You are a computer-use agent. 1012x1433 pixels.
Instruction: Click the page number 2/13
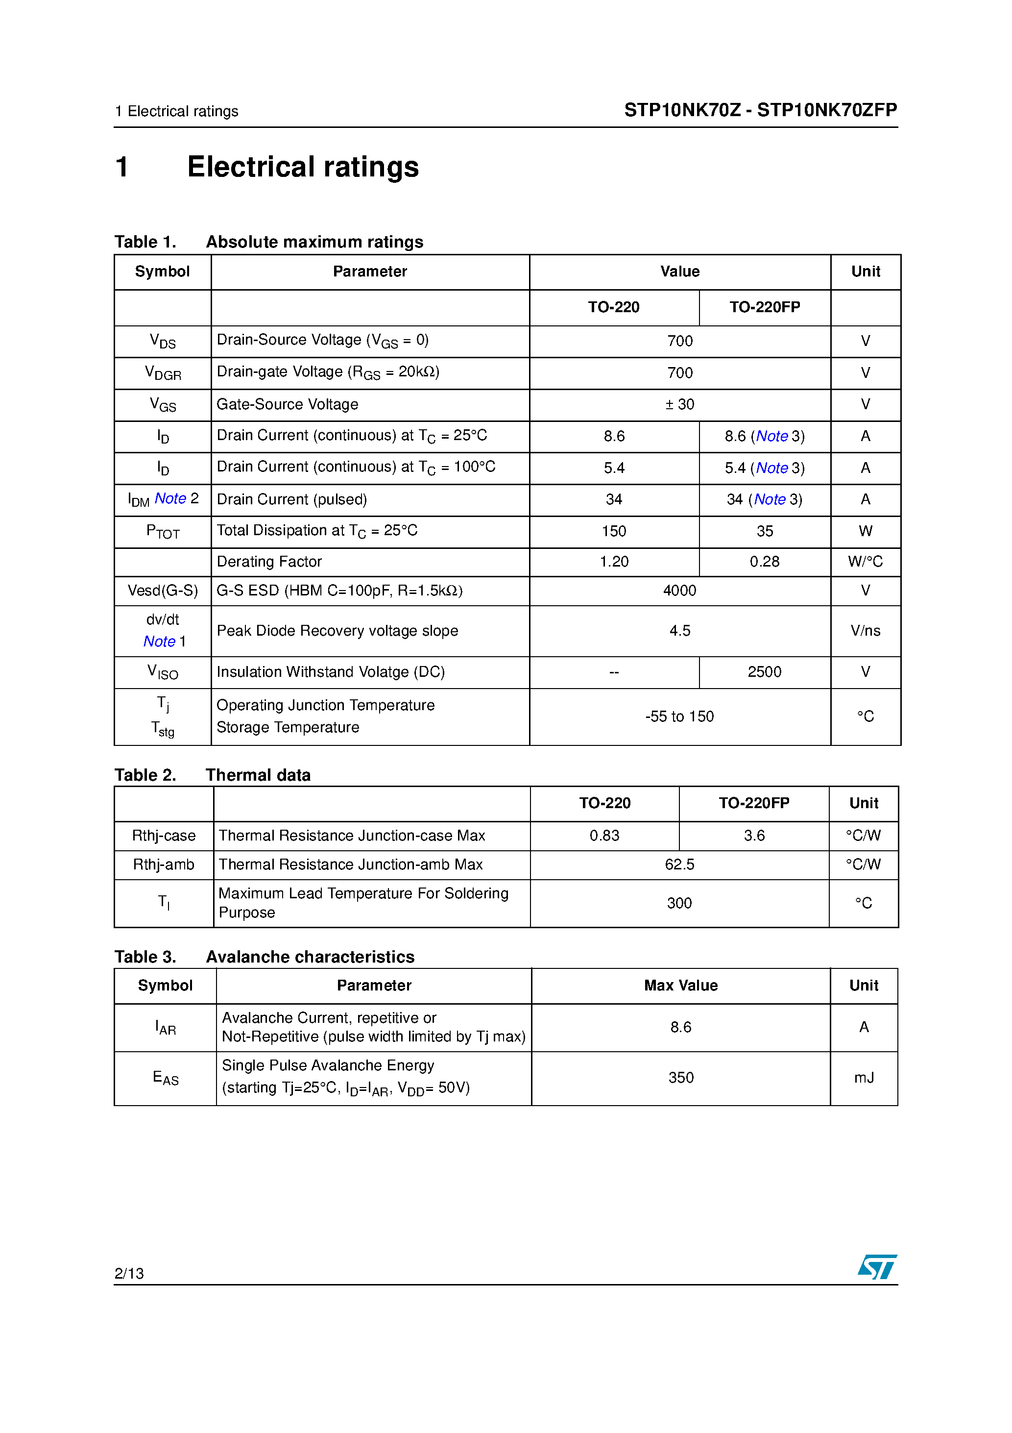pyautogui.click(x=129, y=1273)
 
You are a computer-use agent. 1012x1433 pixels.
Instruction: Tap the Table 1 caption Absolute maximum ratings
pyautogui.click(x=314, y=242)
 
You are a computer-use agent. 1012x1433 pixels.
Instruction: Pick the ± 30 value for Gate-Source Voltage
pyautogui.click(x=679, y=404)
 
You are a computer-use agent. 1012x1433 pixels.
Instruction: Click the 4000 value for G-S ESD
pyautogui.click(x=679, y=591)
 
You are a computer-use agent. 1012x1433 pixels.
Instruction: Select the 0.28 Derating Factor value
pyautogui.click(x=764, y=562)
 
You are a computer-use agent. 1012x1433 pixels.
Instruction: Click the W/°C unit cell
pyautogui.click(x=865, y=562)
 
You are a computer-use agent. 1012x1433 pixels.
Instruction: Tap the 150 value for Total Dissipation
pyautogui.click(x=614, y=531)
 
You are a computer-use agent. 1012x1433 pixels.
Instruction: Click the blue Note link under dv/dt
pyautogui.click(x=159, y=642)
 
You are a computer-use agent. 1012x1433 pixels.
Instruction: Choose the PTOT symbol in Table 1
pyautogui.click(x=163, y=532)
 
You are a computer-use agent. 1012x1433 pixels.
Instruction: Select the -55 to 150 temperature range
pyautogui.click(x=679, y=716)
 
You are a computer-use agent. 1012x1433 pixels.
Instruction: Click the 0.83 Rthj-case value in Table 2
pyautogui.click(x=604, y=835)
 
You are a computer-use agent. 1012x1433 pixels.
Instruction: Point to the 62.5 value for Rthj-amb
pyautogui.click(x=679, y=865)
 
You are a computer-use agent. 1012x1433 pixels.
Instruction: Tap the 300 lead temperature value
pyautogui.click(x=679, y=903)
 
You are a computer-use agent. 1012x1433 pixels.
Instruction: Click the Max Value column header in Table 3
pyautogui.click(x=681, y=986)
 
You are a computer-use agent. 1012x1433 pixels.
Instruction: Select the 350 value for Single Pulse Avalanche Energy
pyautogui.click(x=681, y=1078)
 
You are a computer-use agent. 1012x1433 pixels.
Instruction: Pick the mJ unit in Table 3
pyautogui.click(x=864, y=1078)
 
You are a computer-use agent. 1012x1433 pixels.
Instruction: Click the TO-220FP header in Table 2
pyautogui.click(x=754, y=803)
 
